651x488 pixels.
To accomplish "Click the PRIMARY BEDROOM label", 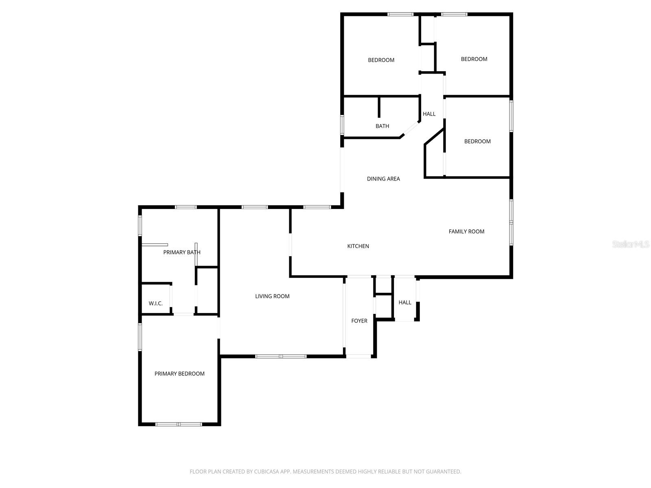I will (179, 374).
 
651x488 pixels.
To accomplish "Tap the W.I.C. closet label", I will (155, 303).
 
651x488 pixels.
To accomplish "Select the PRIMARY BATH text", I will (181, 252).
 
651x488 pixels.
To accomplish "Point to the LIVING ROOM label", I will (272, 296).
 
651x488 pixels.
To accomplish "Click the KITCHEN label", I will (358, 246).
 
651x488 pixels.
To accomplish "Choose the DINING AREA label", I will (383, 179).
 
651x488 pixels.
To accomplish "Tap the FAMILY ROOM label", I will (466, 231).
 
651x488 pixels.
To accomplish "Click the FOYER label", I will (359, 321).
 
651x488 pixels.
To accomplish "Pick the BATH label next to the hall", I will (382, 126).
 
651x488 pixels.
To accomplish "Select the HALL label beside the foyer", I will (405, 303).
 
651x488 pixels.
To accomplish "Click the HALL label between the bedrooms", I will (429, 114).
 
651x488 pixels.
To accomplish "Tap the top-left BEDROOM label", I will (381, 60).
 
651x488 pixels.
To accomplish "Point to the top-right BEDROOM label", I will (474, 59).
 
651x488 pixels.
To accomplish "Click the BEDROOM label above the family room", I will (477, 142).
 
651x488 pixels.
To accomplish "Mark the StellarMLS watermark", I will (631, 244).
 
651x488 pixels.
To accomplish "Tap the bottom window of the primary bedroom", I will (179, 424).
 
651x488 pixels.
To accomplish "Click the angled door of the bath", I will (411, 129).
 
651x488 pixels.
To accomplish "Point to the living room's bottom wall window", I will (281, 356).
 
